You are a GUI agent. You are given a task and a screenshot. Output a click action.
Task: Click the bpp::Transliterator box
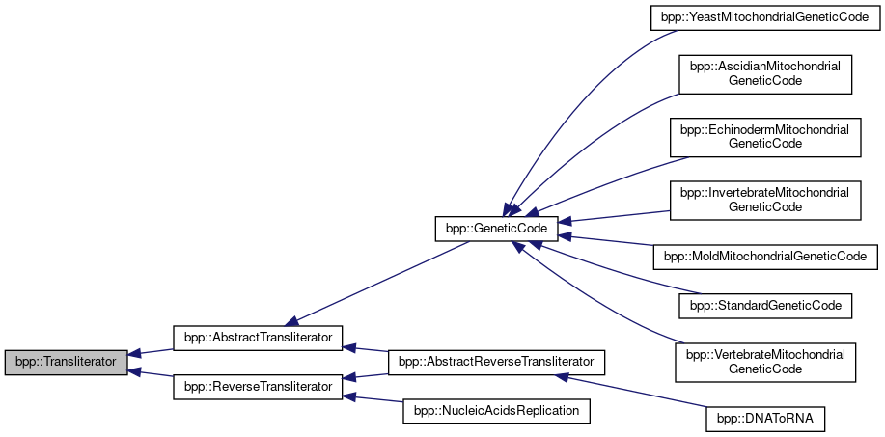(66, 363)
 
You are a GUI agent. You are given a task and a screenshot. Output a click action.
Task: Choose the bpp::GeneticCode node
(496, 229)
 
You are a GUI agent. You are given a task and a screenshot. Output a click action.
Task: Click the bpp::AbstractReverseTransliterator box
(496, 362)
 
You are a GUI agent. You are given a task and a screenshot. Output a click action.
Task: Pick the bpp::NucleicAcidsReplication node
(496, 411)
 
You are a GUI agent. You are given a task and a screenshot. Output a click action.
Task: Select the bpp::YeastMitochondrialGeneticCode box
(765, 18)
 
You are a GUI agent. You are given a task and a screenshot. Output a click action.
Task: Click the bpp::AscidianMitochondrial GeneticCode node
(765, 74)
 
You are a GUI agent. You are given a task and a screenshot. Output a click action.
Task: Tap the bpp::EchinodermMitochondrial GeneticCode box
(765, 136)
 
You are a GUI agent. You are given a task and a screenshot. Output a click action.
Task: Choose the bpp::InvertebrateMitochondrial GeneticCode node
(765, 199)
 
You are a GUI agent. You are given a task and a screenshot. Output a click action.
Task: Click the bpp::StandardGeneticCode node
(765, 306)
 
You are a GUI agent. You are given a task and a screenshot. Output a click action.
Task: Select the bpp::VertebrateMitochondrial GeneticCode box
(765, 362)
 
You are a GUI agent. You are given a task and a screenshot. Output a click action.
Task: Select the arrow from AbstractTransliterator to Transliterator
(150, 351)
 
